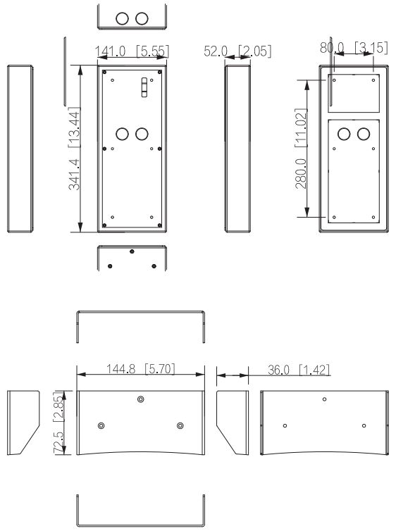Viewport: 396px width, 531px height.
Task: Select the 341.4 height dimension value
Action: pos(74,175)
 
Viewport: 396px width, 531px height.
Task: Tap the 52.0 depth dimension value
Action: pos(216,51)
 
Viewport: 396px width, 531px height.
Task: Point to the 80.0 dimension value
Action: pos(332,48)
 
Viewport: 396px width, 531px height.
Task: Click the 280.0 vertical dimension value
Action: pos(301,173)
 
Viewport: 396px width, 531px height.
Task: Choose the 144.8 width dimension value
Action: pos(121,369)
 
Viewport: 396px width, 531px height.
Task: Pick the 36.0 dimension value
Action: pos(279,370)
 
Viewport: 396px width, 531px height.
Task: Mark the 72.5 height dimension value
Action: pos(58,442)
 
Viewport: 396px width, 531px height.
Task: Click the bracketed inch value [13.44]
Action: pos(74,127)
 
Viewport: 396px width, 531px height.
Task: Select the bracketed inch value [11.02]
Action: pos(301,127)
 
